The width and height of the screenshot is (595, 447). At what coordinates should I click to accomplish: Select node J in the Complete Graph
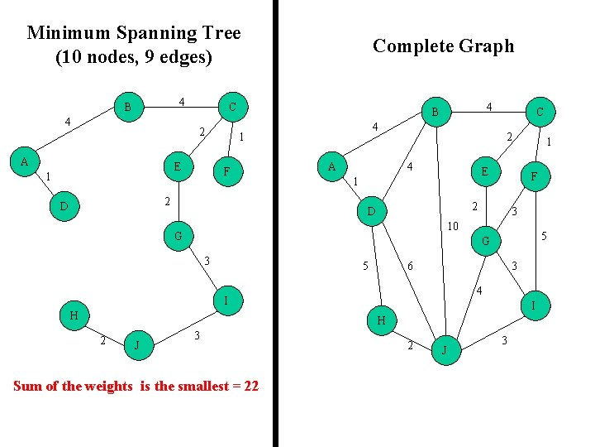click(445, 350)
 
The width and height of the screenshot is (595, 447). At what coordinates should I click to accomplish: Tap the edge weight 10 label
click(453, 226)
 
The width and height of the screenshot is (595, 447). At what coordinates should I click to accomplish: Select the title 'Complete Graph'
click(443, 46)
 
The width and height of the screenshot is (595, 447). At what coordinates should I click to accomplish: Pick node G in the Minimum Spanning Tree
click(178, 236)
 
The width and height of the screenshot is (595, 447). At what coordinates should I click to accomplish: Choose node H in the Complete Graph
click(381, 320)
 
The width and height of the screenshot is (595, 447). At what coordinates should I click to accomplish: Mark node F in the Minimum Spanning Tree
click(226, 172)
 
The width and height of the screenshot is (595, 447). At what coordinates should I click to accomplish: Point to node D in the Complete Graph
click(373, 213)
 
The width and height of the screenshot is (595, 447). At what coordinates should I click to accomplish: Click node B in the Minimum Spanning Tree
click(127, 107)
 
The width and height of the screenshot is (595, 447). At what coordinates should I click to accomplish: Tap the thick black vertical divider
click(276, 223)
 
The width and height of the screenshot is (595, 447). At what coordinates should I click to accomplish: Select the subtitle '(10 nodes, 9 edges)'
click(134, 58)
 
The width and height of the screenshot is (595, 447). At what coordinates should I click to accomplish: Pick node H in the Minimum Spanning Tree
click(74, 315)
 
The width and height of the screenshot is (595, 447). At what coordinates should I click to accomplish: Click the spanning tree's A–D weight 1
click(48, 176)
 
